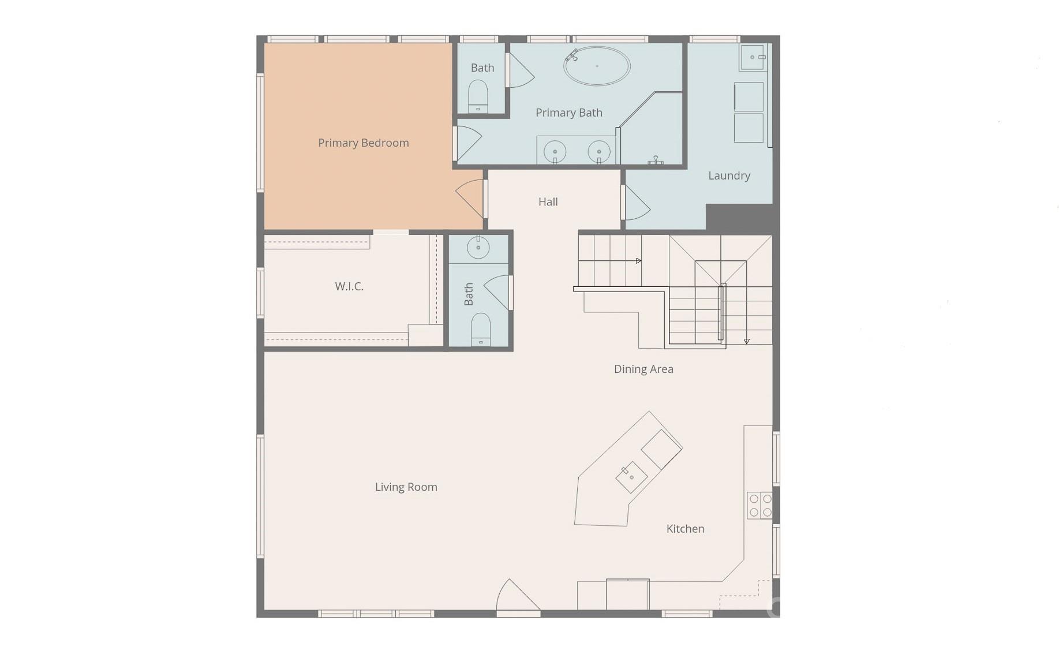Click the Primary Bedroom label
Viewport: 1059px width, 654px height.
point(363,143)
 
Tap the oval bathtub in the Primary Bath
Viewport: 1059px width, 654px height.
point(597,66)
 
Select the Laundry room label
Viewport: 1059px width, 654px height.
point(729,175)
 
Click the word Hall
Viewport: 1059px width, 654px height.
point(548,201)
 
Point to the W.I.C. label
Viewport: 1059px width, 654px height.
point(349,286)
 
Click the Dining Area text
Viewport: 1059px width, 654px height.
point(643,369)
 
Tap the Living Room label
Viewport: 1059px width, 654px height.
point(406,487)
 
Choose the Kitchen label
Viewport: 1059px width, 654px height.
point(685,529)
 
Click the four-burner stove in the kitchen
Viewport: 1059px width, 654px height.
point(759,505)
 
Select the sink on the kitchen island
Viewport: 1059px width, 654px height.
point(631,477)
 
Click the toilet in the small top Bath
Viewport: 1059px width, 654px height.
point(478,96)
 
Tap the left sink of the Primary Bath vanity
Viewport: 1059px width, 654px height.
point(555,152)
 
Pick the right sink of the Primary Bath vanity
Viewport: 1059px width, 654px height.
point(599,152)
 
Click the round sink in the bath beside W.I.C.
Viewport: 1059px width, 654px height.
point(478,248)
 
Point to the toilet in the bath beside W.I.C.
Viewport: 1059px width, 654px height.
point(481,330)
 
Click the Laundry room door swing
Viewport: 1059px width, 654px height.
point(637,203)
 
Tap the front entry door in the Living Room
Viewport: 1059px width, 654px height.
point(518,595)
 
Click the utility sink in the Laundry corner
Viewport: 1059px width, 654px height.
point(753,57)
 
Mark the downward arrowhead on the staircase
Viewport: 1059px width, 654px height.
point(746,342)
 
